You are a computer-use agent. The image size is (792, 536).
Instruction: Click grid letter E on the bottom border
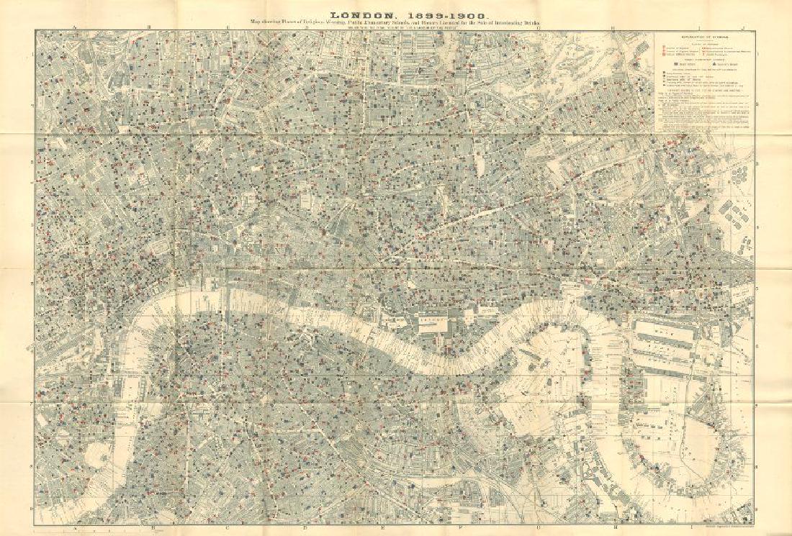tap(384, 528)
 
